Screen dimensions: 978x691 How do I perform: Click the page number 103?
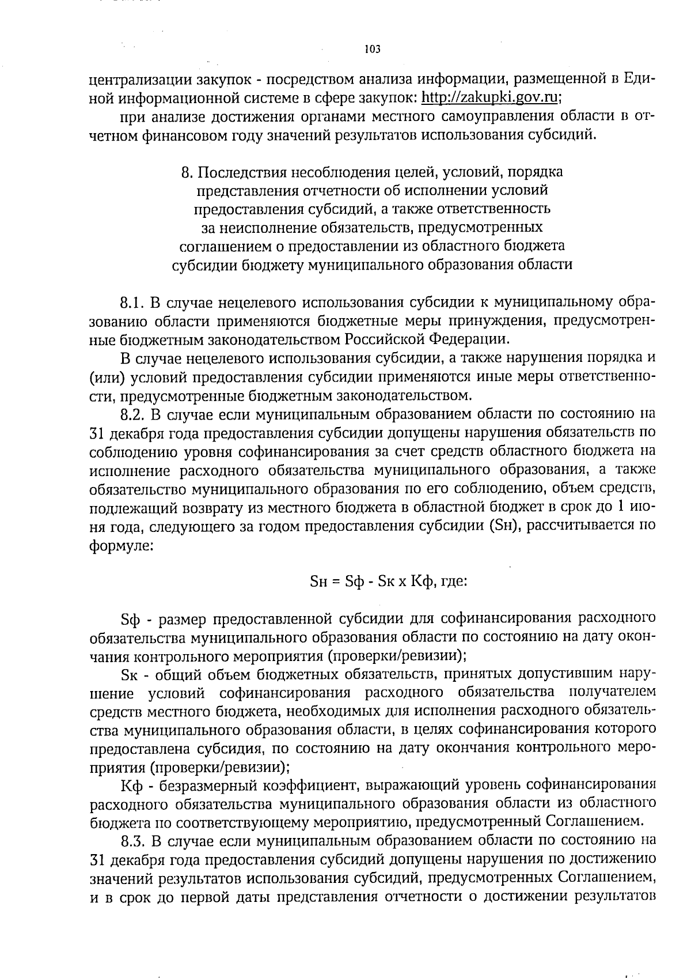point(373,50)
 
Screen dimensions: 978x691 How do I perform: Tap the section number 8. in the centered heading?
point(186,172)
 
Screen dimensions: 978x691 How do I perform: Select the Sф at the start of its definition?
point(131,619)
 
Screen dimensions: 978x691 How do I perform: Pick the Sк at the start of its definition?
point(130,674)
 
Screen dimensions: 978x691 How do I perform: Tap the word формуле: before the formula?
point(122,545)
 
